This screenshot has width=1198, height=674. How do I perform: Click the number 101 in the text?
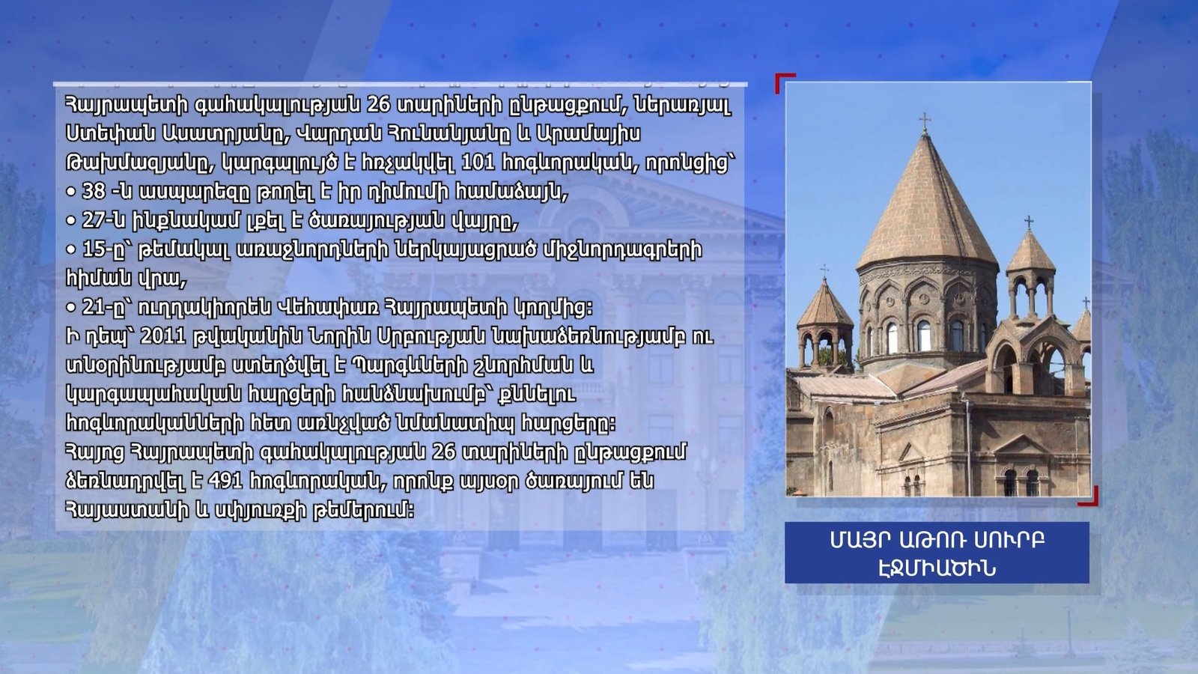478,163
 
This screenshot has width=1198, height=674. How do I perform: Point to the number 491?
225,481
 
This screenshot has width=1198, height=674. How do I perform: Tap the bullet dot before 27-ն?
70,220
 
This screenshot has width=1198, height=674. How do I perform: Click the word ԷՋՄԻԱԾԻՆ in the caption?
937,568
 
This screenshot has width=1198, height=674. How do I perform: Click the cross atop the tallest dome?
925,122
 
